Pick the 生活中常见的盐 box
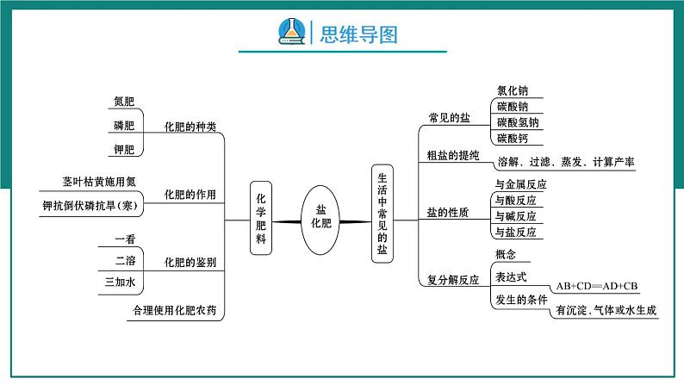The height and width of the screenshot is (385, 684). pos(382,213)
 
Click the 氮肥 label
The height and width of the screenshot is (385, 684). pos(124,102)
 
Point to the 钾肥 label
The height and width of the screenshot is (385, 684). pos(124,150)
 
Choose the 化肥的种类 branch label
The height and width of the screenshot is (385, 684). pos(190,127)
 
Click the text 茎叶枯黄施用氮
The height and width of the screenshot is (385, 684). pos(99,181)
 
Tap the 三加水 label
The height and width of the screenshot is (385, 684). pos(120,282)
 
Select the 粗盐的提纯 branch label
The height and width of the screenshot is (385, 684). pos(453,156)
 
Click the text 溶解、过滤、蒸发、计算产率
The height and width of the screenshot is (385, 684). pos(565,162)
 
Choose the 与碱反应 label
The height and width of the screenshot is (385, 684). pos(515,215)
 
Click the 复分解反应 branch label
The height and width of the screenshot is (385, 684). pos(453,280)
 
